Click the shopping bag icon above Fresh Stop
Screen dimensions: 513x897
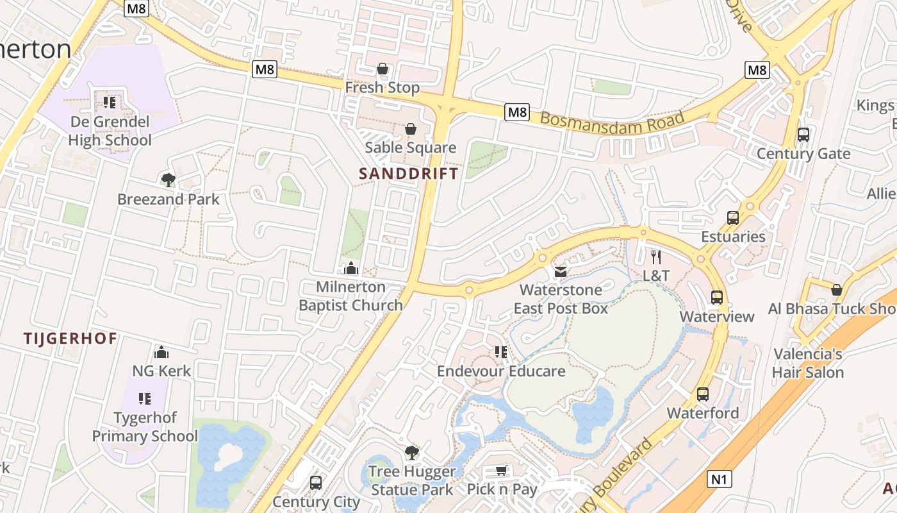pyautogui.click(x=383, y=69)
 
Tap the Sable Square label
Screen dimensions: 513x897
pyautogui.click(x=410, y=147)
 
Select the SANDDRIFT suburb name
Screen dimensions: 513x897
pyautogui.click(x=409, y=174)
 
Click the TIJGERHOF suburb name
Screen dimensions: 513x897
pyautogui.click(x=70, y=339)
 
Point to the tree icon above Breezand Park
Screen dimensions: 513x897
pyautogui.click(x=168, y=180)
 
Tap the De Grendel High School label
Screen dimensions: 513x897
pyautogui.click(x=110, y=131)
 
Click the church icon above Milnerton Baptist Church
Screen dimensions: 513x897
pyautogui.click(x=350, y=268)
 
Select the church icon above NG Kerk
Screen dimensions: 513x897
pyautogui.click(x=161, y=352)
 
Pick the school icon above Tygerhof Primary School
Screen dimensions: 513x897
pyautogui.click(x=145, y=399)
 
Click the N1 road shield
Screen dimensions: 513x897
pyautogui.click(x=720, y=479)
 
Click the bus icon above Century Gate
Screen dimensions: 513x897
pyautogui.click(x=803, y=135)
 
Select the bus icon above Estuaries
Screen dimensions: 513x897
pyautogui.click(x=733, y=218)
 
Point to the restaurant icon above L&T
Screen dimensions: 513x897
pyautogui.click(x=655, y=257)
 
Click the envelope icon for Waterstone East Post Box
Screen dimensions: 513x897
pyautogui.click(x=561, y=272)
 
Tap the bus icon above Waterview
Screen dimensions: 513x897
pyautogui.click(x=716, y=298)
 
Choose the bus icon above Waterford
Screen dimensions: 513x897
pyautogui.click(x=703, y=394)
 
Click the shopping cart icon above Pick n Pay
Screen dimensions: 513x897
pyautogui.click(x=502, y=471)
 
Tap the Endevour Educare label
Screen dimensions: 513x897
pyautogui.click(x=501, y=371)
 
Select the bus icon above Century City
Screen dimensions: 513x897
pyautogui.click(x=315, y=482)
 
